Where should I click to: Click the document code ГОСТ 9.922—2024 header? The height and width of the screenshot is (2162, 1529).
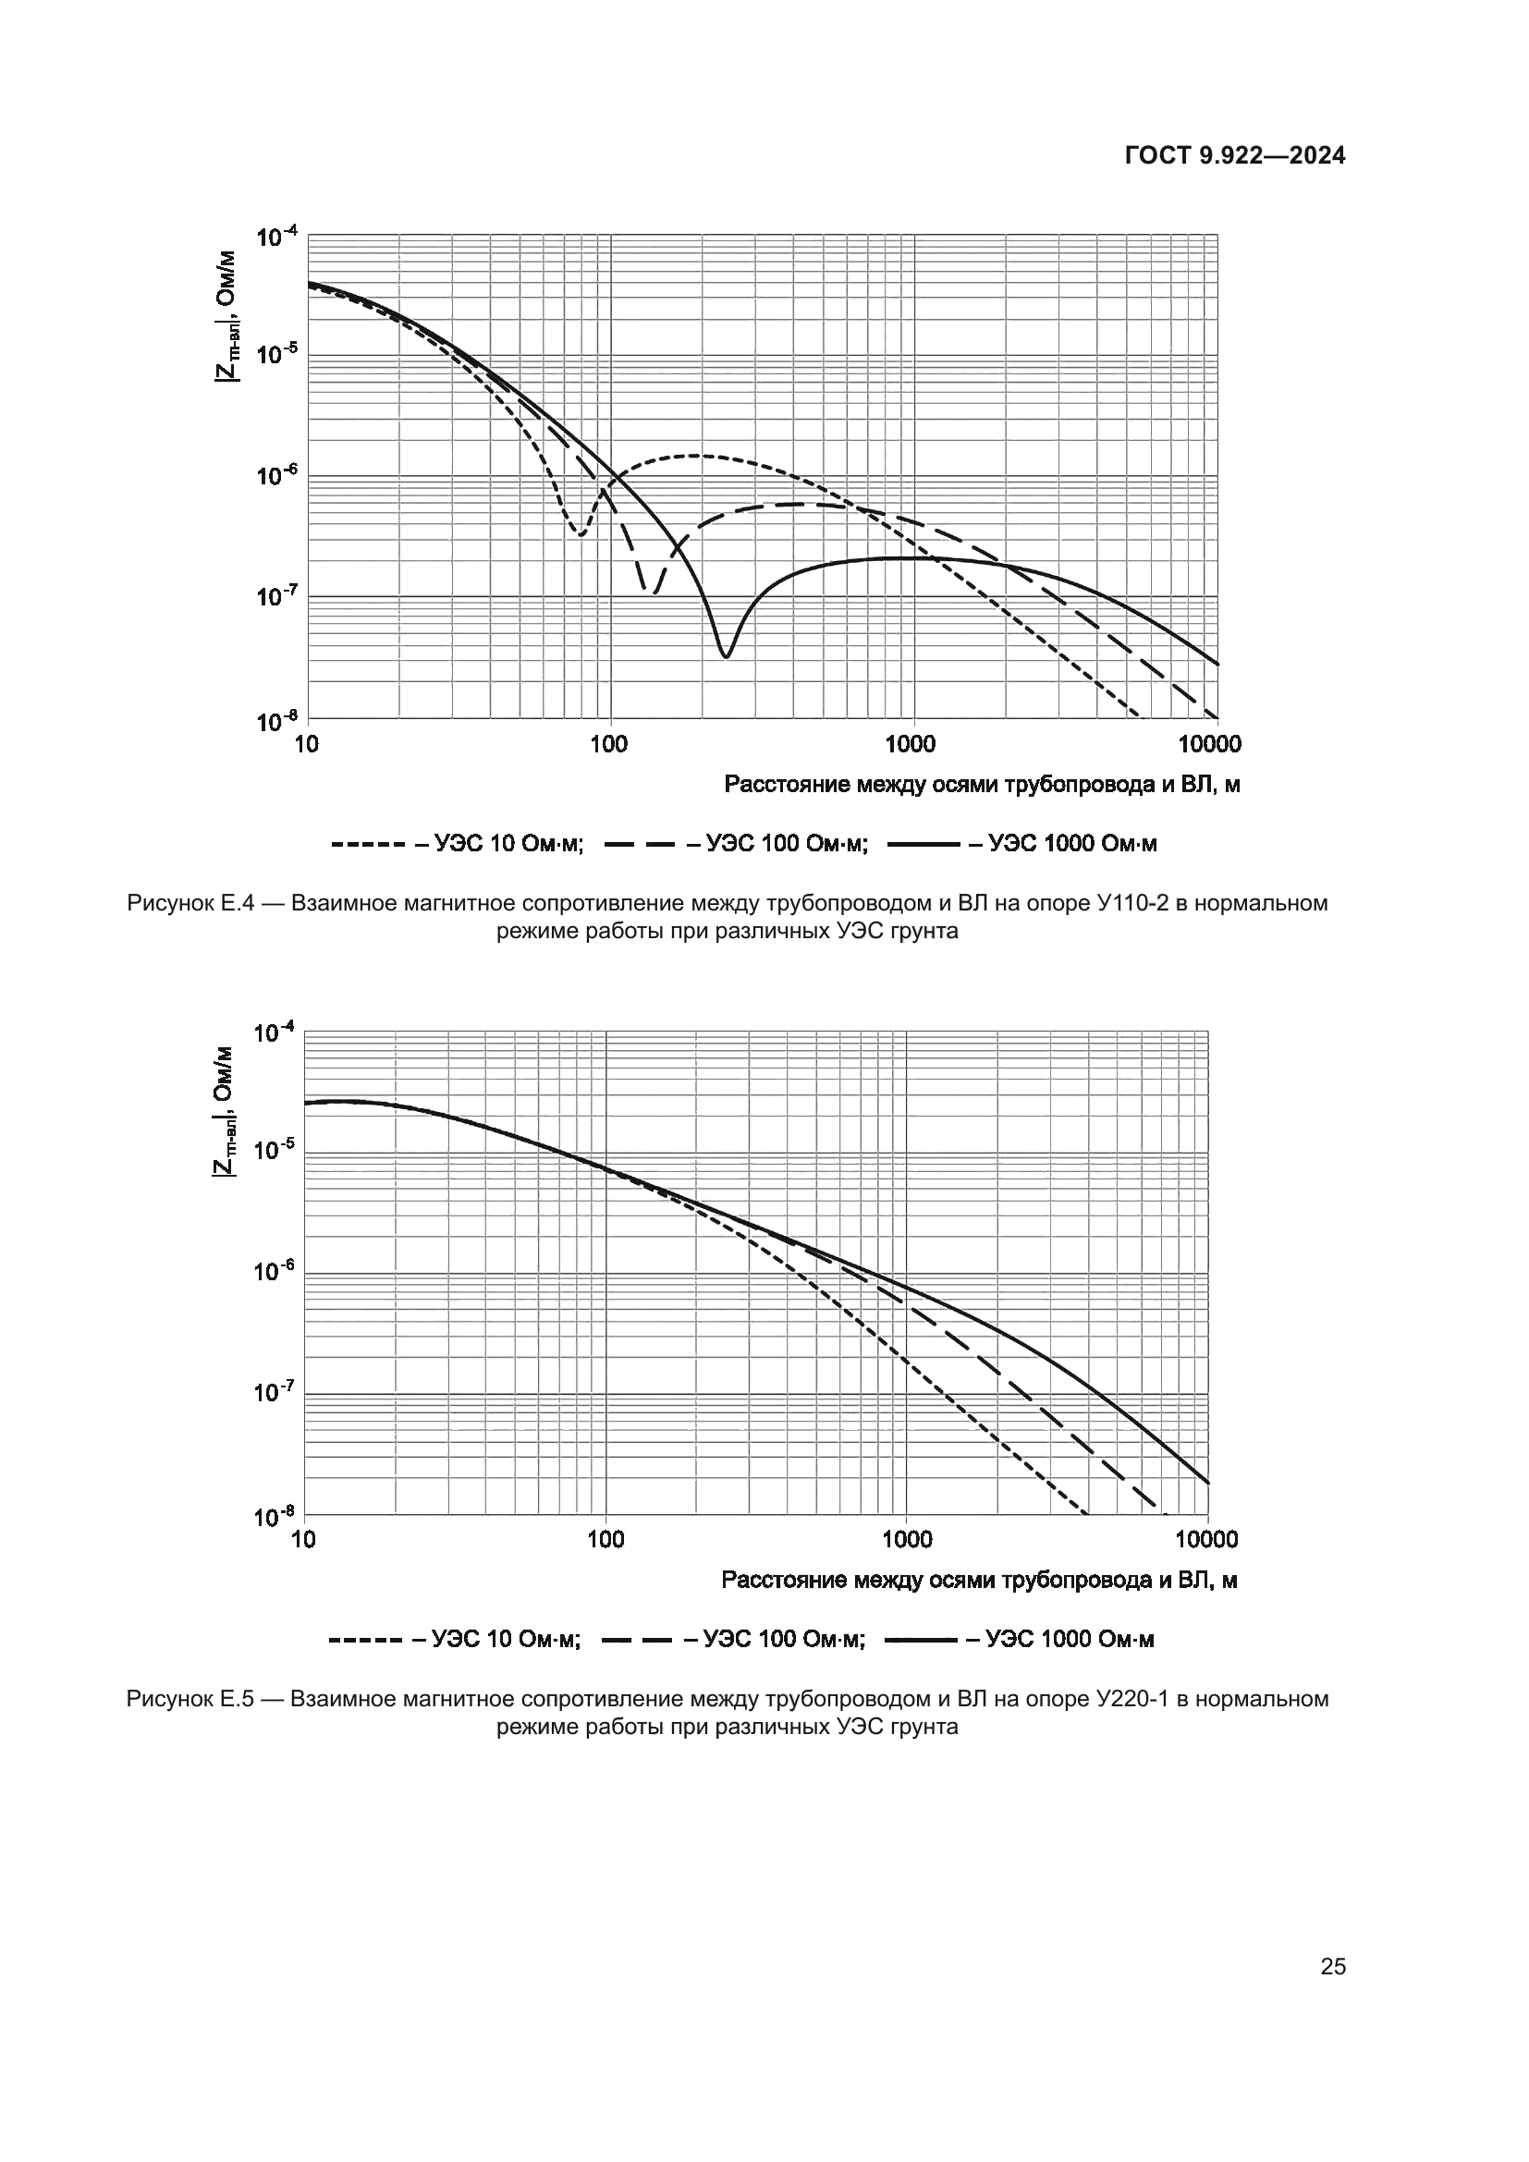point(1235,156)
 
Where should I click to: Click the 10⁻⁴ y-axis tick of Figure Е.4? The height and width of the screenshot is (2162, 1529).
point(275,236)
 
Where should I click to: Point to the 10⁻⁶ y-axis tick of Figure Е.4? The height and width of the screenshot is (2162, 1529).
point(275,476)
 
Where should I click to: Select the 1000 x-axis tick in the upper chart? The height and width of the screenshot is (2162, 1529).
point(911,745)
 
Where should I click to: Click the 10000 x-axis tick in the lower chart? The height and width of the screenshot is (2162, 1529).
point(1207,1540)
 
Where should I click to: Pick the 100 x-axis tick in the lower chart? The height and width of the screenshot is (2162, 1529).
point(605,1540)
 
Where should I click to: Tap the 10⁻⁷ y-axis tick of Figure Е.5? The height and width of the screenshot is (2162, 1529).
point(273,1392)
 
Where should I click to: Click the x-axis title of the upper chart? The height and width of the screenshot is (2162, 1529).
point(981,786)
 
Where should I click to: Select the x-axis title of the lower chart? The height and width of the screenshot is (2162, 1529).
point(979,1580)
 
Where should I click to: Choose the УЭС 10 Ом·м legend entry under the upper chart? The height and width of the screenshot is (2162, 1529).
point(458,844)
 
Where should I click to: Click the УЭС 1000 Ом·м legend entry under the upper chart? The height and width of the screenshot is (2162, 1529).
point(1022,844)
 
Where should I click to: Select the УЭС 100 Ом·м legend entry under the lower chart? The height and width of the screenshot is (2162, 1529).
point(733,1640)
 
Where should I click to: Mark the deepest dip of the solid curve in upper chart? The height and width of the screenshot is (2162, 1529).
point(725,656)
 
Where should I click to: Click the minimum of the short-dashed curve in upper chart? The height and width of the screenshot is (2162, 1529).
point(581,535)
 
